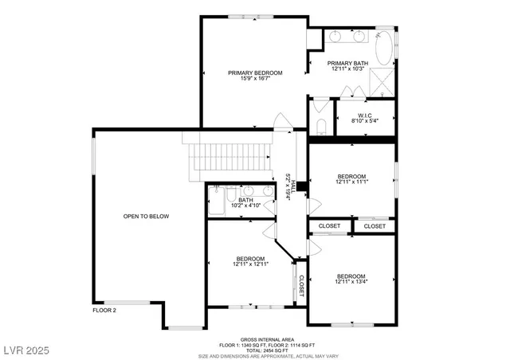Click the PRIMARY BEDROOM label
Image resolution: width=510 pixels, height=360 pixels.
point(255,72)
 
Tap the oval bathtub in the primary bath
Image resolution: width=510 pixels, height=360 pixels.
point(384,48)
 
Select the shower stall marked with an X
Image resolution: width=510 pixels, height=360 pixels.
point(383,83)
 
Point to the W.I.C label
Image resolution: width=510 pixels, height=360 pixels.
point(366,115)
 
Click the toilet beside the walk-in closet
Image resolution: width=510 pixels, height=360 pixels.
point(321,127)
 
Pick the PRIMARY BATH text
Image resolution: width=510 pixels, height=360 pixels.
point(347,63)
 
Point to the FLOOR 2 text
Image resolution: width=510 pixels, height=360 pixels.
point(104,310)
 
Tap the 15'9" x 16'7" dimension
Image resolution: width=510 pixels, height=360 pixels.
point(255,80)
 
